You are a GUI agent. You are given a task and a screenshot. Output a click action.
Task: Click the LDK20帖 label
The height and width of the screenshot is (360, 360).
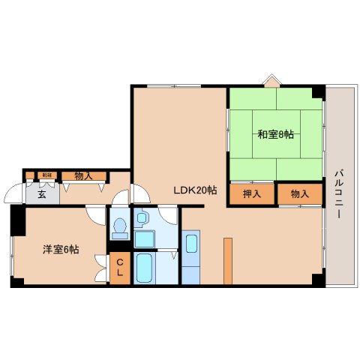click(x=196, y=190)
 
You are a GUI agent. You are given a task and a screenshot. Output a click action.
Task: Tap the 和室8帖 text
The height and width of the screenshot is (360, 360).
click(x=276, y=135)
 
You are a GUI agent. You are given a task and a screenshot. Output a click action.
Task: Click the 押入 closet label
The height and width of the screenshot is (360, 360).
click(x=252, y=194)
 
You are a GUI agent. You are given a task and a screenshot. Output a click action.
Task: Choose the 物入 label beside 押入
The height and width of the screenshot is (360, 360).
click(x=299, y=194)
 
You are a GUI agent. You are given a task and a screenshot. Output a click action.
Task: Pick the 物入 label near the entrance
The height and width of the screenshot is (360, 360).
click(x=83, y=175)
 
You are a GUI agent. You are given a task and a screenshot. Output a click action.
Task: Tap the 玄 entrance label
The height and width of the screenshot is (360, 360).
click(x=42, y=193)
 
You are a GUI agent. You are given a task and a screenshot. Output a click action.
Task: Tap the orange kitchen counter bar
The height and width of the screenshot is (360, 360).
click(x=227, y=259)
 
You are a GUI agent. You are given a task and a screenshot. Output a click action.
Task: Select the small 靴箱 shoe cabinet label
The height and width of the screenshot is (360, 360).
click(x=46, y=175)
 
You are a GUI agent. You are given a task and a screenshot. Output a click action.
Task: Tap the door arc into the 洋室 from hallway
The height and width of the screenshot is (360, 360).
click(x=97, y=214)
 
